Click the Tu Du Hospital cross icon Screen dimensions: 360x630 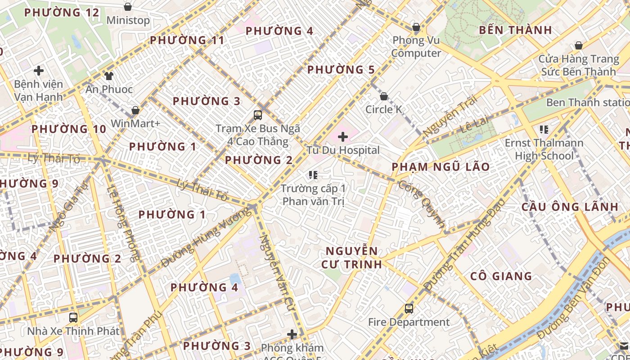[343, 136]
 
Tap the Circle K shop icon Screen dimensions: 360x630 [384, 96]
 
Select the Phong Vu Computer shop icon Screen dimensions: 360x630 [416, 27]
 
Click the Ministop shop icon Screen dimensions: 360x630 [128, 7]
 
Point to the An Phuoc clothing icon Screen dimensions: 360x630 [109, 76]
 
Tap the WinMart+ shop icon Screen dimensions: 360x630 [135, 110]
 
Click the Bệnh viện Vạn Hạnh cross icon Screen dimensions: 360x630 [39, 71]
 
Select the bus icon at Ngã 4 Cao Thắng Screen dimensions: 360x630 [258, 115]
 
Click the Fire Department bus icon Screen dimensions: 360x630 [409, 309]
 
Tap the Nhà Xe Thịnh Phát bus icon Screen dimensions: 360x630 [73, 318]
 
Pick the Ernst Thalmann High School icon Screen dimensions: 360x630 [544, 130]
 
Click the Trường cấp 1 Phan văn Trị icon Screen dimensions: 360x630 [313, 175]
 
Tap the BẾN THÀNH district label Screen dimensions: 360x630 [515, 30]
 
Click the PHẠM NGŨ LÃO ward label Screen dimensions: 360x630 [441, 167]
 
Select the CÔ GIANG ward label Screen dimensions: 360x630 [501, 276]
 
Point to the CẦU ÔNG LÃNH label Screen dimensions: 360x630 [570, 207]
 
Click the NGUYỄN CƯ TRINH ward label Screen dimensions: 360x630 [351, 257]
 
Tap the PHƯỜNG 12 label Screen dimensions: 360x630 [61, 13]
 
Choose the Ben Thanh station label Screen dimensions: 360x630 [588, 103]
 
